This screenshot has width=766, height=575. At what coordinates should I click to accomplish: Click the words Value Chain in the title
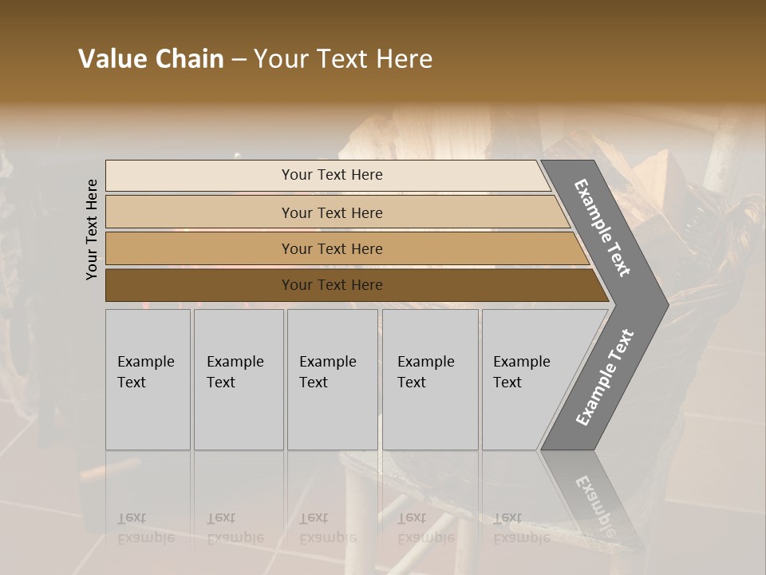[x=151, y=59]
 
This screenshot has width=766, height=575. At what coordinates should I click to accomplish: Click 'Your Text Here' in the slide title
[x=343, y=59]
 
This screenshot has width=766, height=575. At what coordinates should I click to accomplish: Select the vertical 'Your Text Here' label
[x=92, y=229]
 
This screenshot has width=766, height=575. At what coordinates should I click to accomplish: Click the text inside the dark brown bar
[x=332, y=285]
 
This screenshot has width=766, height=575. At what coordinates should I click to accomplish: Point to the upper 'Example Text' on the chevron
[x=603, y=228]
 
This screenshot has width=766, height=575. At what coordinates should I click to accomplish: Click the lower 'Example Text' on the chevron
[x=605, y=377]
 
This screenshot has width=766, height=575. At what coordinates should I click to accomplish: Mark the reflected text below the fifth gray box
[x=521, y=528]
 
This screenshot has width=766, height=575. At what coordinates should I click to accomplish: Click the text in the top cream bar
[x=332, y=175]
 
